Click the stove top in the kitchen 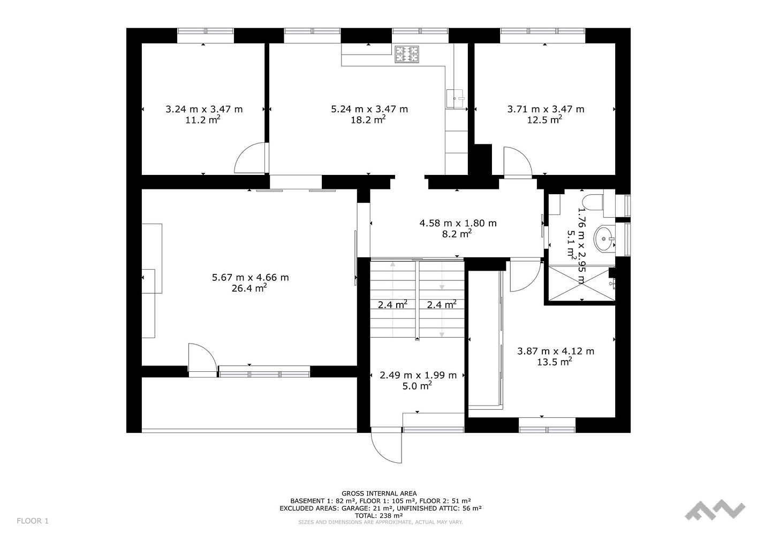407,55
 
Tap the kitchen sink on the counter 456,98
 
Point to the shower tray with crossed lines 581,283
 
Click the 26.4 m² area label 249,288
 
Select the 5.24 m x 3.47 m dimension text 369,109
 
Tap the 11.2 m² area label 203,119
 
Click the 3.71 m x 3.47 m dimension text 546,109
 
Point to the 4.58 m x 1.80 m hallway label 458,223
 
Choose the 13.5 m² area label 555,362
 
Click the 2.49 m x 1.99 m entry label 418,375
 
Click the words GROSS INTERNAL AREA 379,493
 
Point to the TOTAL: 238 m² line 379,516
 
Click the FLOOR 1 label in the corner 33,521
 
